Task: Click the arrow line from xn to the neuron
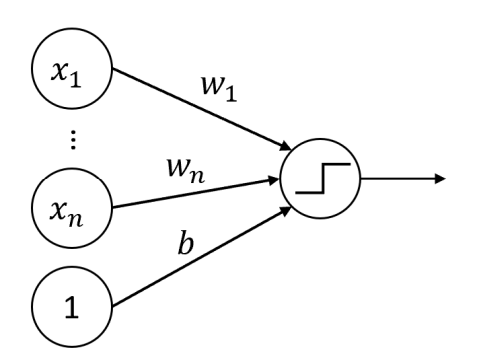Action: (190, 194)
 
